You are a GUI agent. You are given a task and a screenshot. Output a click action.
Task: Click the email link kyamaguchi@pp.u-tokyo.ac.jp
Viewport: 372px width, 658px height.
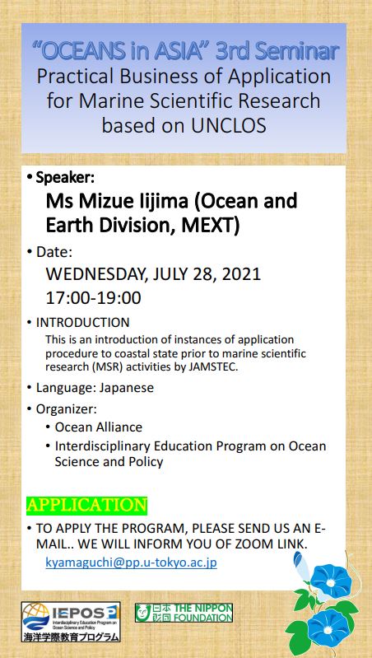point(131,562)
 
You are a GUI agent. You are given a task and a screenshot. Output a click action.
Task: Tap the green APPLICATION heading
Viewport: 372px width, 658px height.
point(86,505)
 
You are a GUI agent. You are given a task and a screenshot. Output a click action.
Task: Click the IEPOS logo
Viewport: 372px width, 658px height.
point(71,623)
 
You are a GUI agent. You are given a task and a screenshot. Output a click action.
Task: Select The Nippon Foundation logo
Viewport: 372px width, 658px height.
point(184,613)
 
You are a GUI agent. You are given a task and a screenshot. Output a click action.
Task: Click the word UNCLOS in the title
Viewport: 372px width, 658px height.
point(229,125)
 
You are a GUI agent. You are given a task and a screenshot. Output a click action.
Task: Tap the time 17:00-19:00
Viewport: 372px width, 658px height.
point(94,297)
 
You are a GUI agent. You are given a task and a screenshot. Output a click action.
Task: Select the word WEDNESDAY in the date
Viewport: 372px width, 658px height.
point(96,275)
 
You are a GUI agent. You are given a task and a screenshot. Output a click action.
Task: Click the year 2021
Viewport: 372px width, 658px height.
point(241,274)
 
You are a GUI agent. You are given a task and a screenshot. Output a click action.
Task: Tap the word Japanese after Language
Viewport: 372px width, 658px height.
point(126,388)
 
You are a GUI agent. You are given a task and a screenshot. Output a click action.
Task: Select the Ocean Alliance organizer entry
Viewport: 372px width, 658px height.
point(99,427)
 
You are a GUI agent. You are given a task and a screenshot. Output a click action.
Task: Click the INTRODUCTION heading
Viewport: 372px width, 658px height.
point(82,322)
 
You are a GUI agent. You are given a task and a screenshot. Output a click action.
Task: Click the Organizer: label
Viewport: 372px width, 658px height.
point(67,408)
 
